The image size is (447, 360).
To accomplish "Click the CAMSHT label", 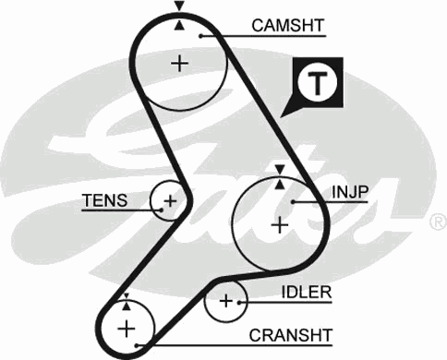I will click(x=286, y=26).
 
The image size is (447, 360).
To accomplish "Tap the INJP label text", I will click(x=350, y=192).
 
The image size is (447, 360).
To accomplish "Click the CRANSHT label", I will click(x=290, y=333).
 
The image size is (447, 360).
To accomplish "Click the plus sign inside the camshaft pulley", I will click(x=179, y=63).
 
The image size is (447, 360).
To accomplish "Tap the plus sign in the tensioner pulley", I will click(x=169, y=200).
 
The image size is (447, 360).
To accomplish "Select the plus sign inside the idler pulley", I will click(x=226, y=301).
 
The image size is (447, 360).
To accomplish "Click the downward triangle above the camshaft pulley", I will click(x=179, y=6).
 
